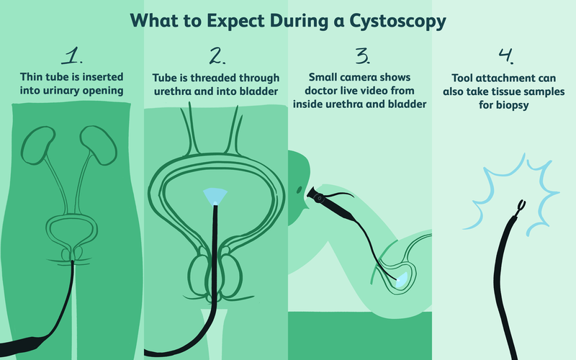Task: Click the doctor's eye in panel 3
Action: point(298,189)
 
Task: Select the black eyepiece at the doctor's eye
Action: point(318,194)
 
